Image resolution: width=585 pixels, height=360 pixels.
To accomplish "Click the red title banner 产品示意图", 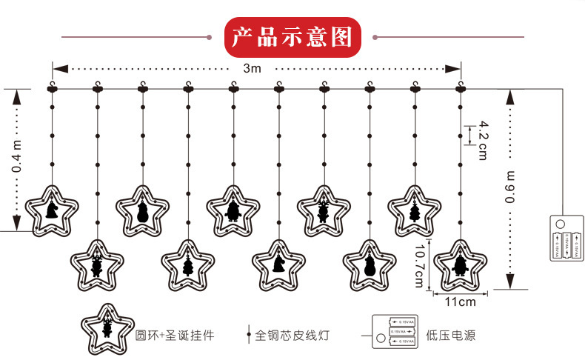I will (292, 37).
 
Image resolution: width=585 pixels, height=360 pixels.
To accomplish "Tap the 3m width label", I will (253, 68).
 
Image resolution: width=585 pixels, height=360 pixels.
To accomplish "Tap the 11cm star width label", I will (460, 301).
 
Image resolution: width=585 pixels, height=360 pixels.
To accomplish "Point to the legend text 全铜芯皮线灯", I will (291, 336).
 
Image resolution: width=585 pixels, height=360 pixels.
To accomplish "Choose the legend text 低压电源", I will (450, 336).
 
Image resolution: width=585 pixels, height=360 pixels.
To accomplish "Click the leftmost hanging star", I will (52, 210).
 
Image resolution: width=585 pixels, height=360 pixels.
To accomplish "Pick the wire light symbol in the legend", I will (248, 335).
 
